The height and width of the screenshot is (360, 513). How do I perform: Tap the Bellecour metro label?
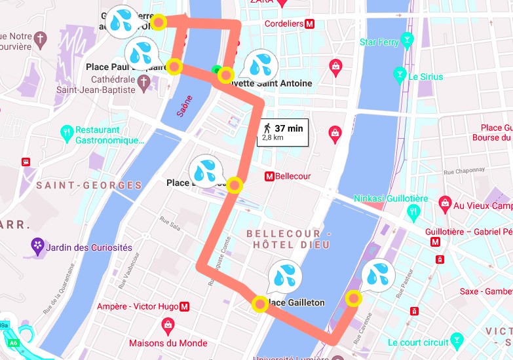tap(288, 176)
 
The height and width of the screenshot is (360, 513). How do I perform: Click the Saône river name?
tap(185, 106)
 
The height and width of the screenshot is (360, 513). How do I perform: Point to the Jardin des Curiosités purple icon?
tap(38, 247)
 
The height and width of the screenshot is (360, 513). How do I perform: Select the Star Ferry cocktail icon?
tap(408, 43)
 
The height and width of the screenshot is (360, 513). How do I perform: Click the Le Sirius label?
tap(426, 77)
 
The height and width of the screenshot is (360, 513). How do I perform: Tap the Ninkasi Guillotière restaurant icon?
tap(413, 211)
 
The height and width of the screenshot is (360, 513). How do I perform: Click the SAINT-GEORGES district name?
tap(89, 185)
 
